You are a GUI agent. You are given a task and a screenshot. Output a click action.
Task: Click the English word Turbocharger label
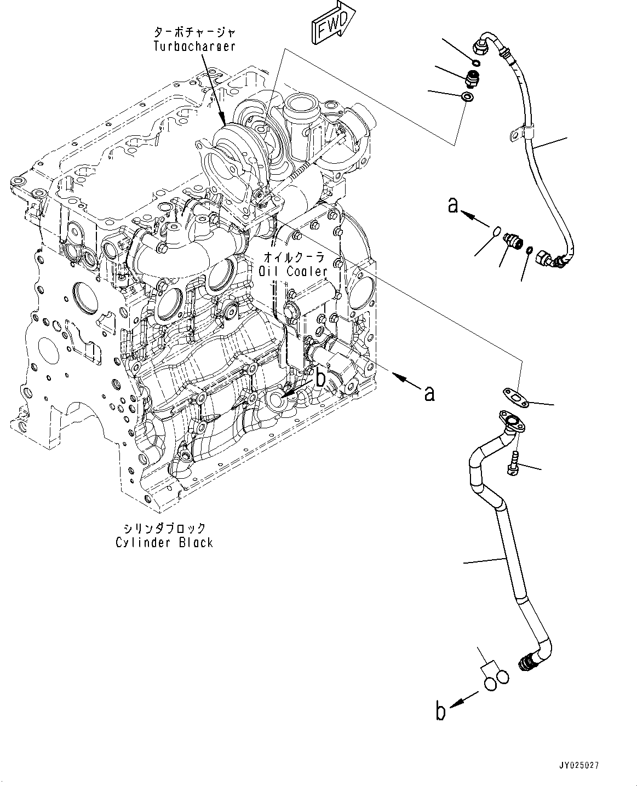pyautogui.click(x=194, y=46)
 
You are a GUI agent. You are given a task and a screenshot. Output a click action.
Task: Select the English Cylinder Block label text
pyautogui.click(x=164, y=542)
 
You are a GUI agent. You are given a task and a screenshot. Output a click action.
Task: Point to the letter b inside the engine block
pyautogui.click(x=321, y=377)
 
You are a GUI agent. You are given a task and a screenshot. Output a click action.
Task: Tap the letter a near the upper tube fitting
pyautogui.click(x=452, y=206)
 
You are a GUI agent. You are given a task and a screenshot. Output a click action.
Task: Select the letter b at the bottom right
pyautogui.click(x=440, y=712)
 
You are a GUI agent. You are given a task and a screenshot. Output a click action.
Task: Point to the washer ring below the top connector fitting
pyautogui.click(x=467, y=97)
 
